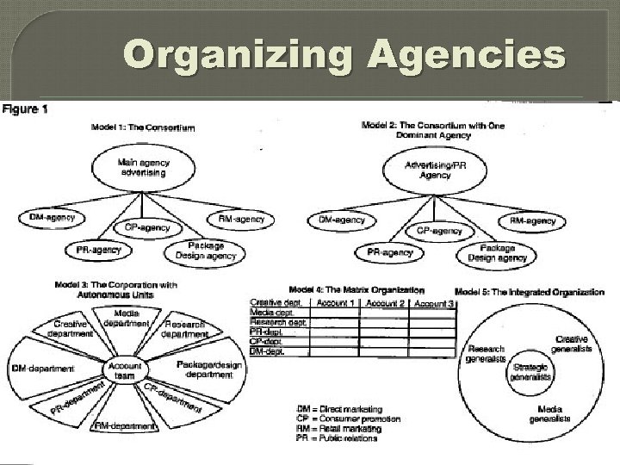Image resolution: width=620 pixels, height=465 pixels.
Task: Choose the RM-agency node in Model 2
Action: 532,221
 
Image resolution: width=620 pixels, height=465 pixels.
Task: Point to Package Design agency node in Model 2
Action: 497,252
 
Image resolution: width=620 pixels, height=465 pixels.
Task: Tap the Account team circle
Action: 125,370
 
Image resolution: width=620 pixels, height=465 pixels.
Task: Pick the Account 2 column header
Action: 386,303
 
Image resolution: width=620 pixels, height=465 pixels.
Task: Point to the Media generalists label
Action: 549,414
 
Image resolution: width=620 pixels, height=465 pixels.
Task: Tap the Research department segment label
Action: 185,328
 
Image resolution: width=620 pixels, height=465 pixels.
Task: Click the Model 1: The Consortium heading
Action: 143,128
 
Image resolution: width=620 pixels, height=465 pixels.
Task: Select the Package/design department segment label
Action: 210,369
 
